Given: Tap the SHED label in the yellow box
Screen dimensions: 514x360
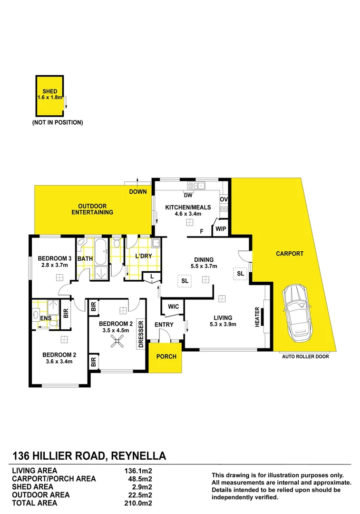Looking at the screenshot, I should point(50,91).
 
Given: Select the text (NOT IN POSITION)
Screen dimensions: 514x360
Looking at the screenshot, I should point(58,122).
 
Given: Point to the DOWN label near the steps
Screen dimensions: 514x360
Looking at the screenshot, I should point(138,192).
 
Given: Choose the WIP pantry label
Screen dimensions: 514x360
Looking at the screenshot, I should point(221,229).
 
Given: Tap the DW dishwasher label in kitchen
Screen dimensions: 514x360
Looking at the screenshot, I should point(188,195).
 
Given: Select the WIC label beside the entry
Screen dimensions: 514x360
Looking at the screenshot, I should point(174,307).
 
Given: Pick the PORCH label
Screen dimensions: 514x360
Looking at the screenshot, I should point(166,356).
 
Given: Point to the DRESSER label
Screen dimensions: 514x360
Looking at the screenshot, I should point(141,334).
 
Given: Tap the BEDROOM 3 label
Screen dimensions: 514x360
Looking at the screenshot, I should point(55,258).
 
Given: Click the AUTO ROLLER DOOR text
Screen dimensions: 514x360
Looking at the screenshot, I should point(305,356).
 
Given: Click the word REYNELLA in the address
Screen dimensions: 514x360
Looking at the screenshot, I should point(138,456).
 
